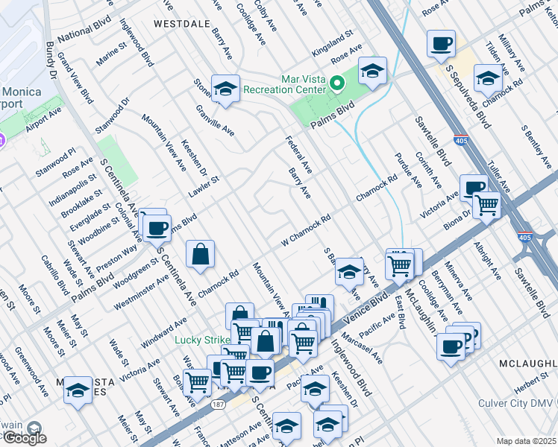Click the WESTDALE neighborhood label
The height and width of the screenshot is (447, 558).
[x=181, y=24]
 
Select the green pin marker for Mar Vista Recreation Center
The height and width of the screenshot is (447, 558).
[x=336, y=83]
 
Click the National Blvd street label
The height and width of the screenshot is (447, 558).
[x=84, y=31]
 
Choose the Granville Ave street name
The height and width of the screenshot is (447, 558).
[x=215, y=123]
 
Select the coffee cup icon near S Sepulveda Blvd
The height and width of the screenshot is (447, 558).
[x=441, y=42]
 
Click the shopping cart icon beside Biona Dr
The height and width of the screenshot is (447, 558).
[x=486, y=203]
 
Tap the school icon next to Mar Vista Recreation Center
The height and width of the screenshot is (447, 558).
[x=372, y=71]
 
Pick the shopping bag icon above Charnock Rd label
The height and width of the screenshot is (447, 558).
[x=201, y=255]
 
